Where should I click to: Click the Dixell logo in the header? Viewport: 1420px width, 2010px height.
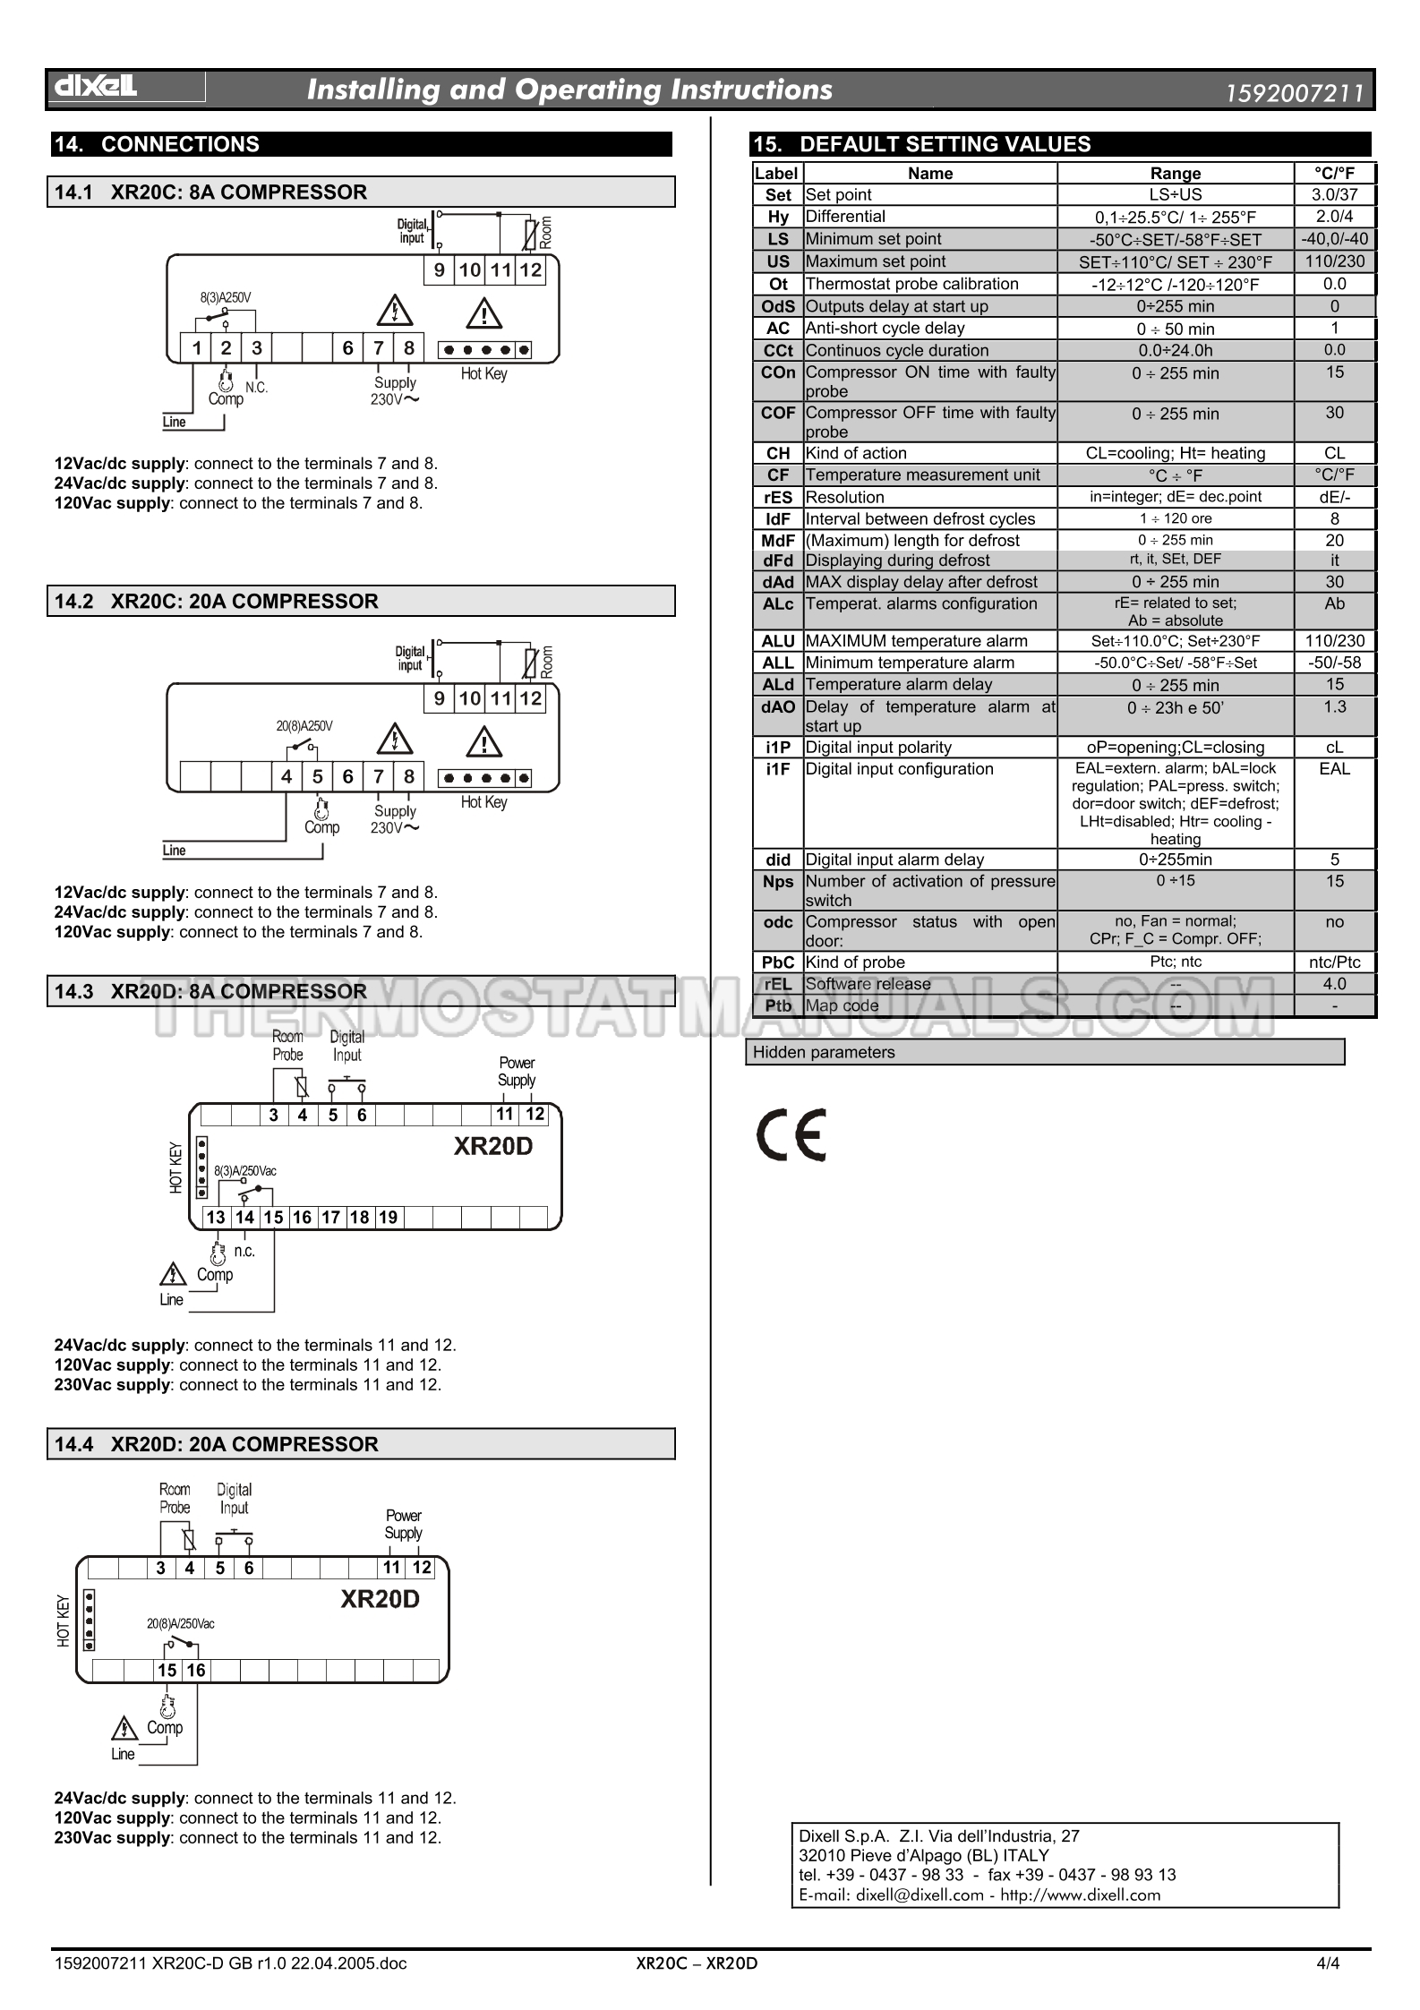(97, 87)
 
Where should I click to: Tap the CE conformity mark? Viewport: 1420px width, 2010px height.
(791, 1134)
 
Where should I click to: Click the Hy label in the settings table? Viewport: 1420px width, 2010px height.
(778, 217)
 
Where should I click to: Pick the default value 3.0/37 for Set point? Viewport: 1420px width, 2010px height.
(1334, 194)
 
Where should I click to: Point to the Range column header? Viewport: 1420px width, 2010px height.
(1175, 173)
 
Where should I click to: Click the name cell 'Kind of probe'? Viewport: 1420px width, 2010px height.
(855, 962)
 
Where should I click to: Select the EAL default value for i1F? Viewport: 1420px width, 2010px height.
(1334, 768)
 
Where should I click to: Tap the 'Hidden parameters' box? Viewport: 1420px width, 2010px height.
(1045, 1052)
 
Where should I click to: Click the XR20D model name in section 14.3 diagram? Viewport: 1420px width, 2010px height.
(492, 1146)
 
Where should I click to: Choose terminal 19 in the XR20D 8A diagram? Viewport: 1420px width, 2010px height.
(388, 1217)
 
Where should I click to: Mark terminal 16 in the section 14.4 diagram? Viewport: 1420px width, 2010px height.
(196, 1670)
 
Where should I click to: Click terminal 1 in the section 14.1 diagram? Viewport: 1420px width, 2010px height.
(196, 348)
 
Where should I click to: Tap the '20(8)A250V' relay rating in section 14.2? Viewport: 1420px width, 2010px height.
(304, 726)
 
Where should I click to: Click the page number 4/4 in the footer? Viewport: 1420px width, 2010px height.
(1327, 1963)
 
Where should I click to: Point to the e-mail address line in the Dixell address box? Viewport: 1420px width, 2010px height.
(979, 1895)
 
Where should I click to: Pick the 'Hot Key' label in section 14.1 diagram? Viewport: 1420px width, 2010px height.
(483, 373)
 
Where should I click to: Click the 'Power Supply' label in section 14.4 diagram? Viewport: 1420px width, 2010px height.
(403, 1524)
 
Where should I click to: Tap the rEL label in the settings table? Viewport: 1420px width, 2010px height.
(778, 984)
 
